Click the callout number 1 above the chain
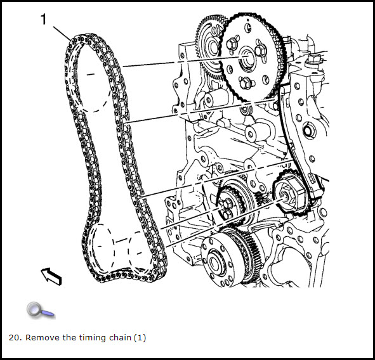click(x=43, y=19)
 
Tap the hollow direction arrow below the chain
click(x=51, y=276)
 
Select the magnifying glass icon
click(x=40, y=311)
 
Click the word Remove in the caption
click(x=43, y=338)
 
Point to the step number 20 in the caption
click(x=14, y=338)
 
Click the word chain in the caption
click(x=120, y=338)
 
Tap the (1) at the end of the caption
click(x=140, y=338)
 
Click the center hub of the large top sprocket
click(x=247, y=59)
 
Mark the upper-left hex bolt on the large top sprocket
click(x=232, y=44)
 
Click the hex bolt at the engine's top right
click(x=313, y=59)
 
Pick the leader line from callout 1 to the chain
click(x=62, y=34)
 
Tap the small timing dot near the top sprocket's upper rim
click(x=249, y=27)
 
